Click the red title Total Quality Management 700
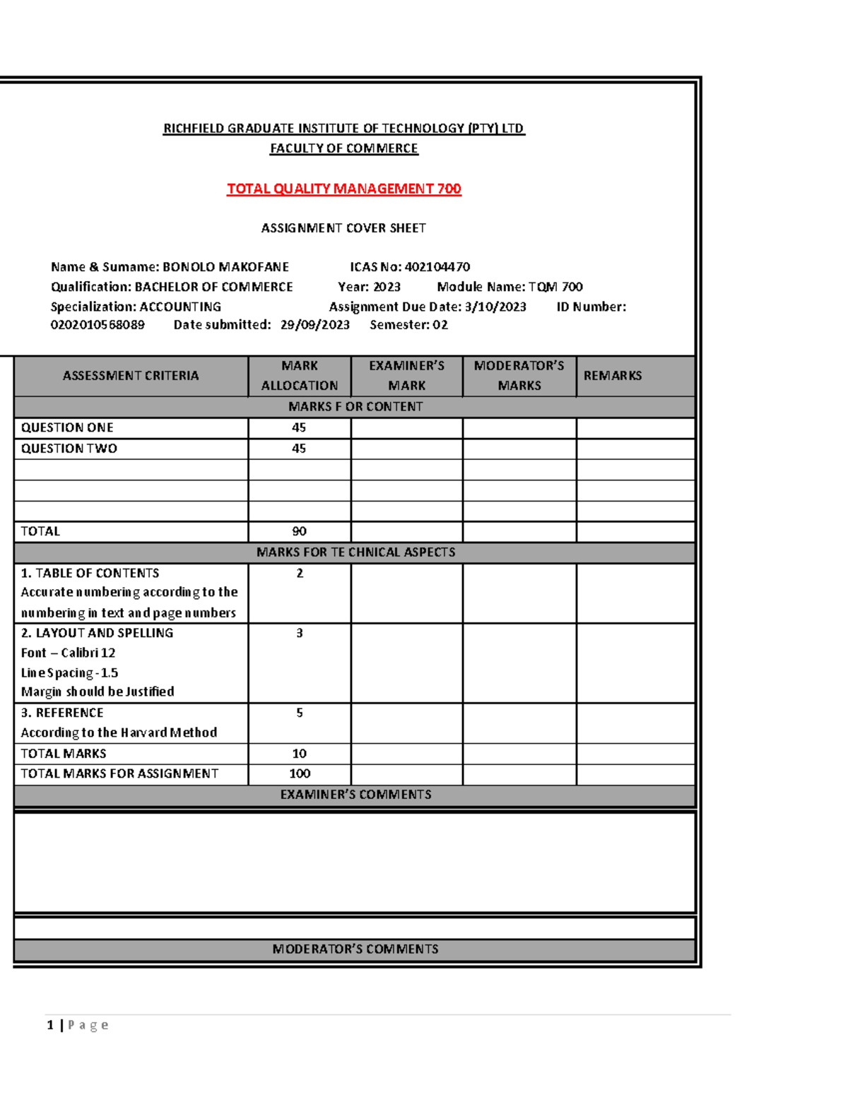coord(343,189)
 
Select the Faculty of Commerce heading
coord(343,148)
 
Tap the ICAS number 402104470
coord(437,267)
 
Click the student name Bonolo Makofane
coord(225,267)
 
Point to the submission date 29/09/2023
coord(314,325)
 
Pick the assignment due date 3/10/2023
coord(495,307)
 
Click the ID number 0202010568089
coord(98,325)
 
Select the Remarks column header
coord(612,376)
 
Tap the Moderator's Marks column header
coord(519,376)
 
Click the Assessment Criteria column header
coord(131,376)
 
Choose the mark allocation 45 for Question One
coord(299,428)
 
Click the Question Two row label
coord(69,449)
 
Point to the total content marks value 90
coord(299,531)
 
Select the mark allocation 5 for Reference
coord(300,713)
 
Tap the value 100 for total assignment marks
coord(300,774)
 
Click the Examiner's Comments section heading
coord(355,795)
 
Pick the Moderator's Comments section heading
coord(355,949)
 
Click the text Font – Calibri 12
coord(68,653)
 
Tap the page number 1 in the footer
coord(50,1025)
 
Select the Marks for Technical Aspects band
coord(355,552)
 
